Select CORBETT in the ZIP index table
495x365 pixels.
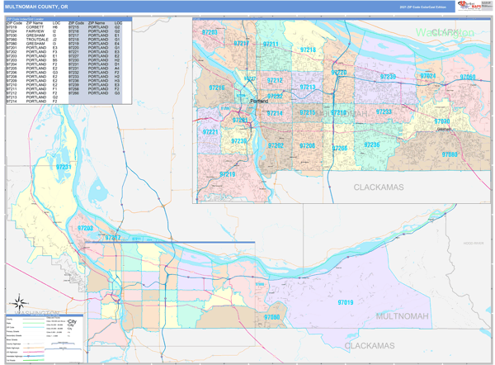(36, 26)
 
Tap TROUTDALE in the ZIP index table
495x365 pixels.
(38, 39)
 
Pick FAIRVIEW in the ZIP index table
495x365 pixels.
(36, 31)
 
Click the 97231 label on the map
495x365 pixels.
(64, 168)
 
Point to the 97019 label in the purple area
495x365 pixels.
(345, 302)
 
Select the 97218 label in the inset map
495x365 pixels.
(308, 50)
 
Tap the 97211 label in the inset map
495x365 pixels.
(271, 45)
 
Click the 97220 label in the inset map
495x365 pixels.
(339, 73)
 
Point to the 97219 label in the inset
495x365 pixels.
(228, 174)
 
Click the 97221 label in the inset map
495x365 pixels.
(210, 132)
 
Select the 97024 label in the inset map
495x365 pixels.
(428, 76)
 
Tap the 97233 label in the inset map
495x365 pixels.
(384, 111)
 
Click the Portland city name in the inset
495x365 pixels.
(257, 102)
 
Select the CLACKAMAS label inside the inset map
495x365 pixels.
(379, 187)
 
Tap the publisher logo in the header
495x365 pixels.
(470, 6)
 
